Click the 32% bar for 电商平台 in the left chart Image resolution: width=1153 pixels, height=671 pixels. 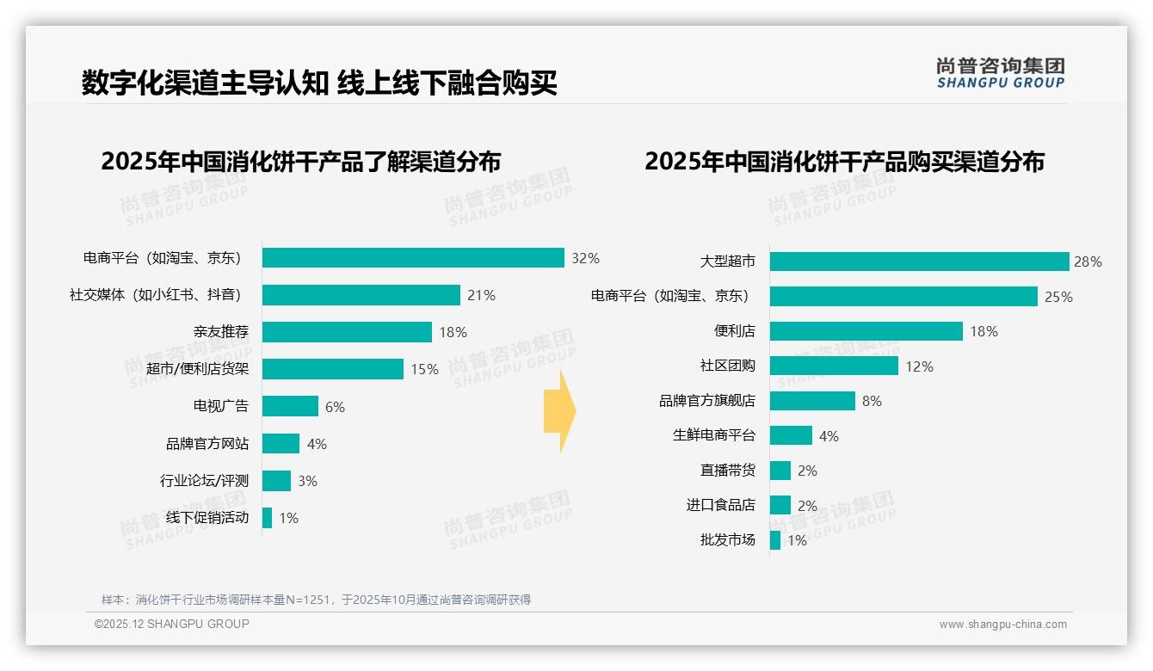tap(413, 258)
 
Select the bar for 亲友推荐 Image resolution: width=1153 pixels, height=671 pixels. tap(347, 332)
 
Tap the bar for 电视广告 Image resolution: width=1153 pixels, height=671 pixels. tap(290, 406)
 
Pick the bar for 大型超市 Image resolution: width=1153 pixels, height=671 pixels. tap(919, 262)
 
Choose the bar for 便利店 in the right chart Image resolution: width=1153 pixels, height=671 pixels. tap(866, 331)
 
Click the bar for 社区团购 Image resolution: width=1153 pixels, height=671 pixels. tap(834, 366)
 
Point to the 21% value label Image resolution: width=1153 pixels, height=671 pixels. tap(481, 295)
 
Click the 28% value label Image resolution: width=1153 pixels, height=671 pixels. tap(1088, 262)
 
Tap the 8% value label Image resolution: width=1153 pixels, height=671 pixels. tap(871, 401)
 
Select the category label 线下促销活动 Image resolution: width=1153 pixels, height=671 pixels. tap(207, 518)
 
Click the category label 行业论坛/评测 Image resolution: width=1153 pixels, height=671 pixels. tap(204, 481)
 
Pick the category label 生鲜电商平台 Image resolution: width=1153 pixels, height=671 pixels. tap(713, 436)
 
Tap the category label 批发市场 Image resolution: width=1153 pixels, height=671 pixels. tap(727, 540)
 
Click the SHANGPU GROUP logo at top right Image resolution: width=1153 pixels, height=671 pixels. tap(1000, 73)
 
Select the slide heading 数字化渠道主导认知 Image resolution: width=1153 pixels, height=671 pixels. tap(205, 83)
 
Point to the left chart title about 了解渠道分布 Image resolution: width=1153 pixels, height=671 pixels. tap(300, 162)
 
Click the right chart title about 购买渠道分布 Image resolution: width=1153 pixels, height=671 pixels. tap(844, 162)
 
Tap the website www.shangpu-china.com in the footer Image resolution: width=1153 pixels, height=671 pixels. tap(1002, 625)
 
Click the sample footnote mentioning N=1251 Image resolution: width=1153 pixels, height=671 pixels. tap(316, 600)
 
